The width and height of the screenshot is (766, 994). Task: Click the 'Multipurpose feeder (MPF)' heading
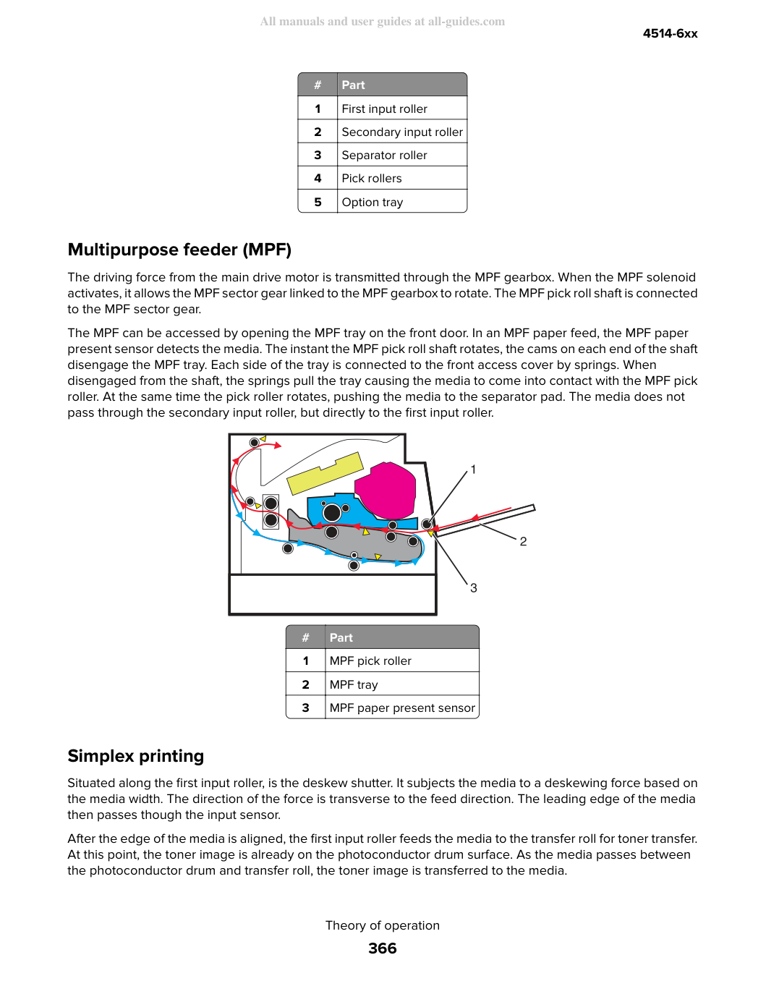pos(179,250)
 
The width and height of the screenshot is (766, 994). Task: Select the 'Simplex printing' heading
pos(136,756)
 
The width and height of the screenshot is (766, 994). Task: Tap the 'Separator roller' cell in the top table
pos(402,155)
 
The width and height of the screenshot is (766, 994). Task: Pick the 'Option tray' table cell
pos(402,201)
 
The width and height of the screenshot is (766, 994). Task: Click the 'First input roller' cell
pos(402,109)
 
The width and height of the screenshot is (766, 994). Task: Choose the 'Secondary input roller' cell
pos(402,132)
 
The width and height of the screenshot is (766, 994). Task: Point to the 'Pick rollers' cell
pos(402,178)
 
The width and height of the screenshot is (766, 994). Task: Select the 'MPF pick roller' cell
pos(402,660)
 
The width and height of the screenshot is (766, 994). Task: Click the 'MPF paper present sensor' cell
pos(402,708)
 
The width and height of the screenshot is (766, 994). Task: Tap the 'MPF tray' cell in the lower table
pos(402,684)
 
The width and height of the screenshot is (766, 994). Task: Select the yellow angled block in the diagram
pos(325,473)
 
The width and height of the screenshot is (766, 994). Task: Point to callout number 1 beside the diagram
pos(473,470)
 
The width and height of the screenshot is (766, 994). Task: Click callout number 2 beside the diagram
pos(523,542)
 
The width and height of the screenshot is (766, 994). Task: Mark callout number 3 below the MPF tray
pos(474,588)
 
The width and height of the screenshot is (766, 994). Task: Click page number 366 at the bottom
pos(383,948)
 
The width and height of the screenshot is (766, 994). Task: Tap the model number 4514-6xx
pos(670,33)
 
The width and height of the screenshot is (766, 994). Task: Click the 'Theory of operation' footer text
pos(383,925)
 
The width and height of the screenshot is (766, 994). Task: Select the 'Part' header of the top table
pos(402,85)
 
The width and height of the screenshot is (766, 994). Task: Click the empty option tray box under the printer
pos(333,594)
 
